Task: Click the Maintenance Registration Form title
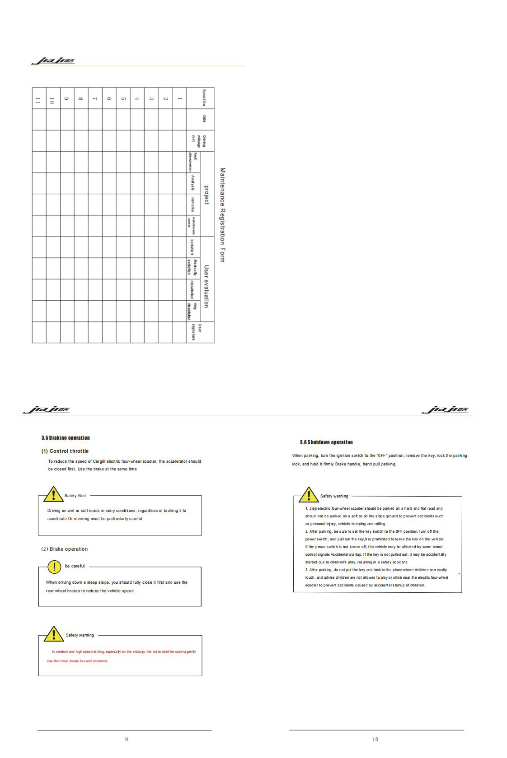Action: (x=222, y=215)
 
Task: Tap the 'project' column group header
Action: (x=207, y=195)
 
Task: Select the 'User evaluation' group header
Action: (x=207, y=286)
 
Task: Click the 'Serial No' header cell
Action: (x=204, y=98)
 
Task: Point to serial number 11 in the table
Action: (x=38, y=101)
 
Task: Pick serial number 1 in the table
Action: (x=179, y=98)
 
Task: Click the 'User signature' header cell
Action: (x=196, y=332)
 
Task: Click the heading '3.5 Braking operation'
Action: (x=66, y=437)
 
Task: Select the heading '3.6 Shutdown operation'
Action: (x=326, y=442)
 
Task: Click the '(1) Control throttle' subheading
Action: (x=65, y=451)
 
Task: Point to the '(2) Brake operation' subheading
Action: (x=65, y=549)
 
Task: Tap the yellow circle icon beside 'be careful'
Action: (x=54, y=567)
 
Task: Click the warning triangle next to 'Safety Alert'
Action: (x=53, y=495)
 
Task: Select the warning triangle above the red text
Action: (x=54, y=634)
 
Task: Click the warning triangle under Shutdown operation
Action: (x=309, y=495)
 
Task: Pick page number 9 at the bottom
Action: (x=127, y=739)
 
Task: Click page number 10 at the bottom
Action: (x=375, y=739)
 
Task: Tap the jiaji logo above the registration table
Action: (x=53, y=61)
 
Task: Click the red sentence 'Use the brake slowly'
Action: (x=77, y=661)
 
